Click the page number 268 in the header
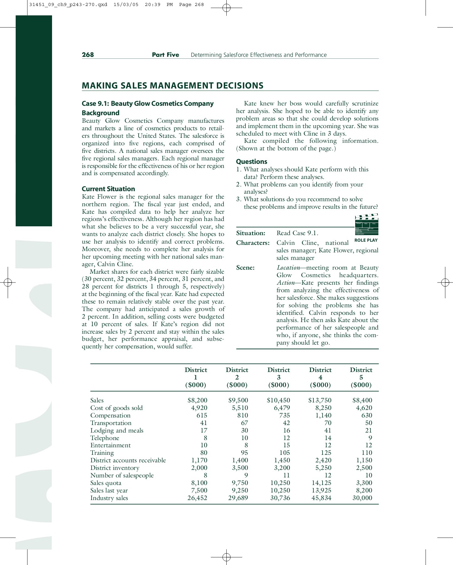click(88, 55)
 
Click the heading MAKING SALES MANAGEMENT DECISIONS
click(172, 86)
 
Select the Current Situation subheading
click(108, 189)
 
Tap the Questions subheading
click(251, 162)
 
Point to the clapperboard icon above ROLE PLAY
click(366, 224)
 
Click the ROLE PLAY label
click(366, 240)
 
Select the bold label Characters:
click(253, 243)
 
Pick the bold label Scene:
click(245, 268)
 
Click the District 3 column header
click(278, 377)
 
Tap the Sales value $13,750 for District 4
click(320, 400)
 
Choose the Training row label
click(102, 453)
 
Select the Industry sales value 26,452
click(197, 498)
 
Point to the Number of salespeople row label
click(122, 475)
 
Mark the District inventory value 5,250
click(321, 468)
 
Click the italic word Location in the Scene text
click(288, 268)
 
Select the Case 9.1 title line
click(148, 104)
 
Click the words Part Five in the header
click(166, 55)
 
